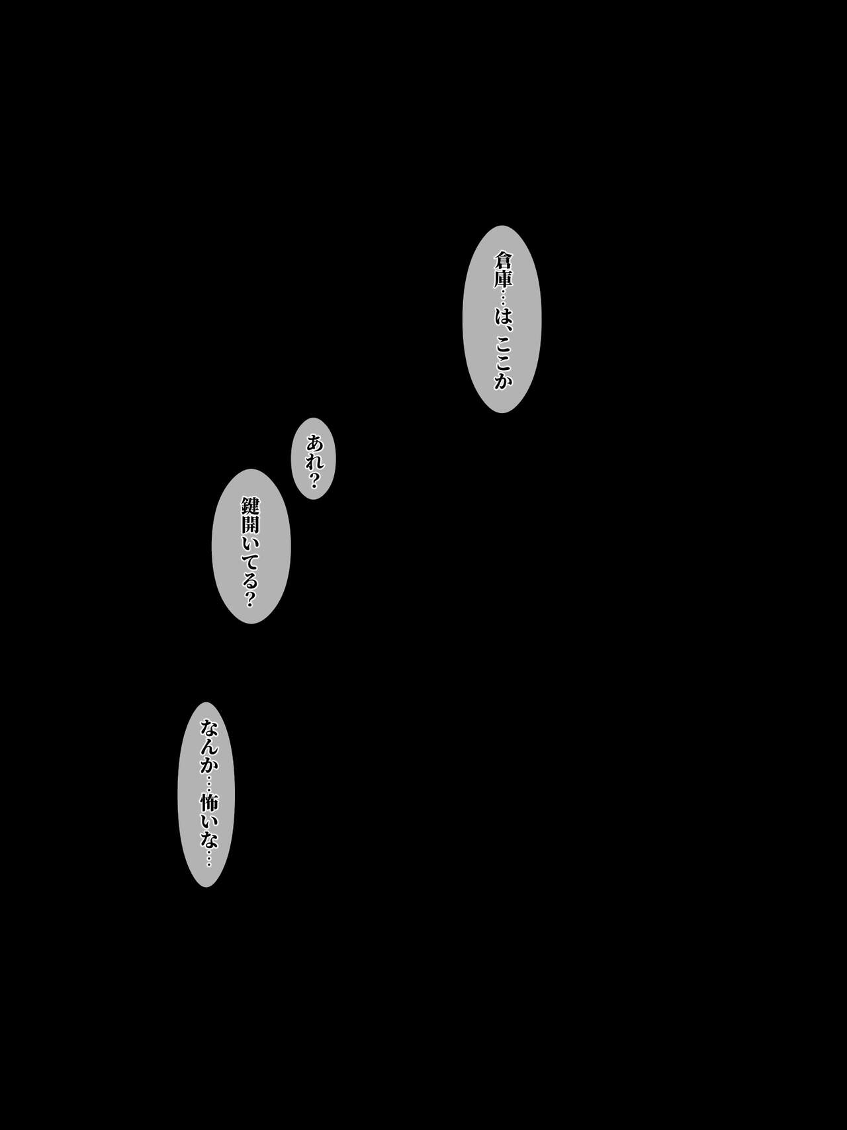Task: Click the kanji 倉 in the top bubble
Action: [x=502, y=259]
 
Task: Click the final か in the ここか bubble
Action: [x=502, y=379]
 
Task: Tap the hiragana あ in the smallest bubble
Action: [x=314, y=442]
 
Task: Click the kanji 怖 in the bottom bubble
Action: [x=206, y=804]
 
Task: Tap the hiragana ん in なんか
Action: [x=206, y=746]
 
